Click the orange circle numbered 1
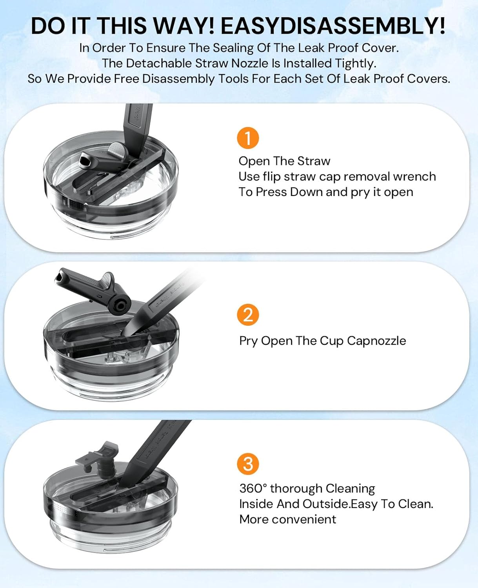[x=248, y=138]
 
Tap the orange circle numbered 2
[x=248, y=315]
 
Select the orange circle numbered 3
[x=248, y=464]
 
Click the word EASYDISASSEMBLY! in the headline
[x=333, y=26]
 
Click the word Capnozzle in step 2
[x=376, y=341]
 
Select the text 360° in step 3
[x=253, y=488]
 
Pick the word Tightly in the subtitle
[x=359, y=64]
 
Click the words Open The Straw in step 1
[x=284, y=161]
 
